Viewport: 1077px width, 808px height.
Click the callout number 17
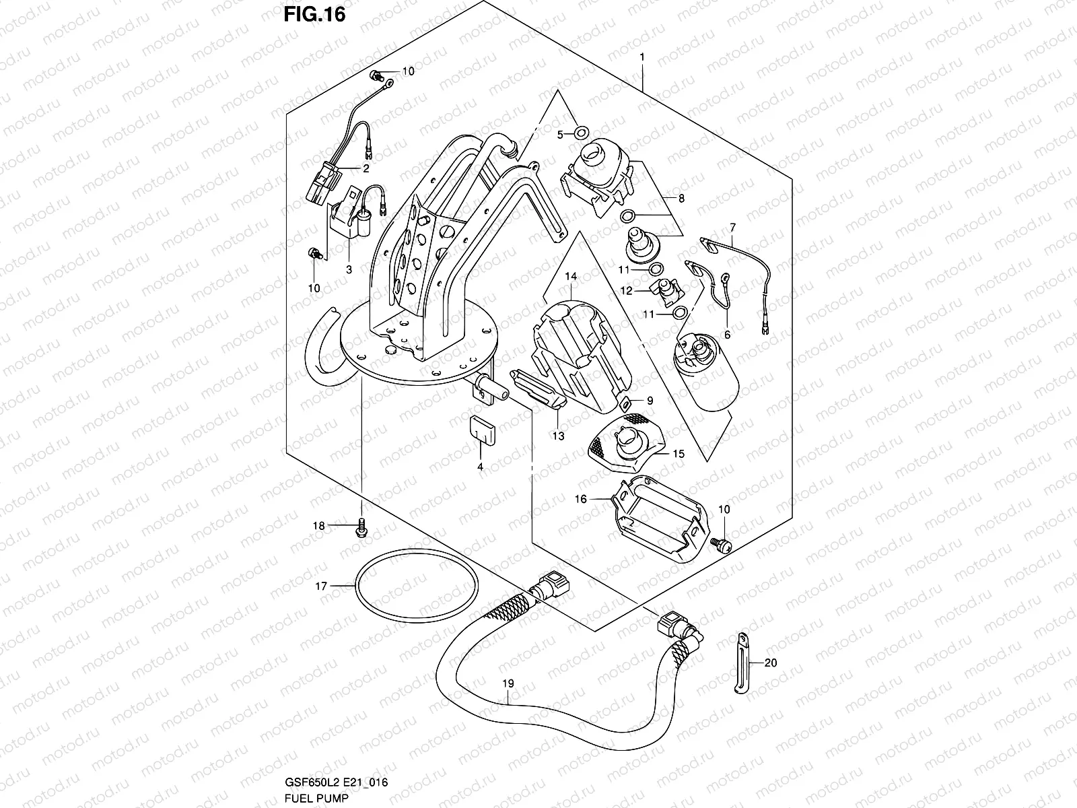tap(321, 586)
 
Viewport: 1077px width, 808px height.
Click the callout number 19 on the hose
tap(508, 683)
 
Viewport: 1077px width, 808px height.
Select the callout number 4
tap(480, 466)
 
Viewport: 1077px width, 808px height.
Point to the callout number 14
tap(571, 277)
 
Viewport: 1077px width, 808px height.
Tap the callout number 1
tap(642, 58)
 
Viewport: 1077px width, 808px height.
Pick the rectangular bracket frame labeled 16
tap(660, 515)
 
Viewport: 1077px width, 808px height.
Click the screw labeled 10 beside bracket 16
tap(721, 545)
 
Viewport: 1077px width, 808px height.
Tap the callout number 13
tap(559, 436)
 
